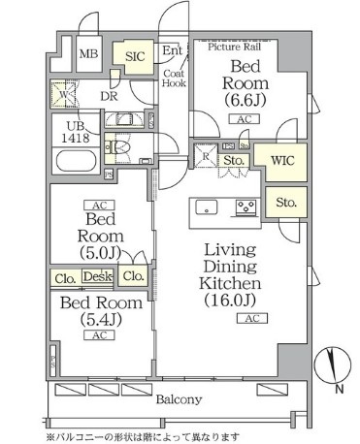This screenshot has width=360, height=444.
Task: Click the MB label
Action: click(x=88, y=54)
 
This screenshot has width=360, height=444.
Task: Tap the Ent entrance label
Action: click(x=173, y=50)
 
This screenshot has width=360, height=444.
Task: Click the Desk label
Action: click(x=96, y=276)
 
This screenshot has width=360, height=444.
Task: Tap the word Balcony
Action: click(x=179, y=399)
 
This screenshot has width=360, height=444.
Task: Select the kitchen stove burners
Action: click(x=245, y=206)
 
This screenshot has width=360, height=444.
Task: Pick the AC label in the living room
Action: click(x=250, y=318)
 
